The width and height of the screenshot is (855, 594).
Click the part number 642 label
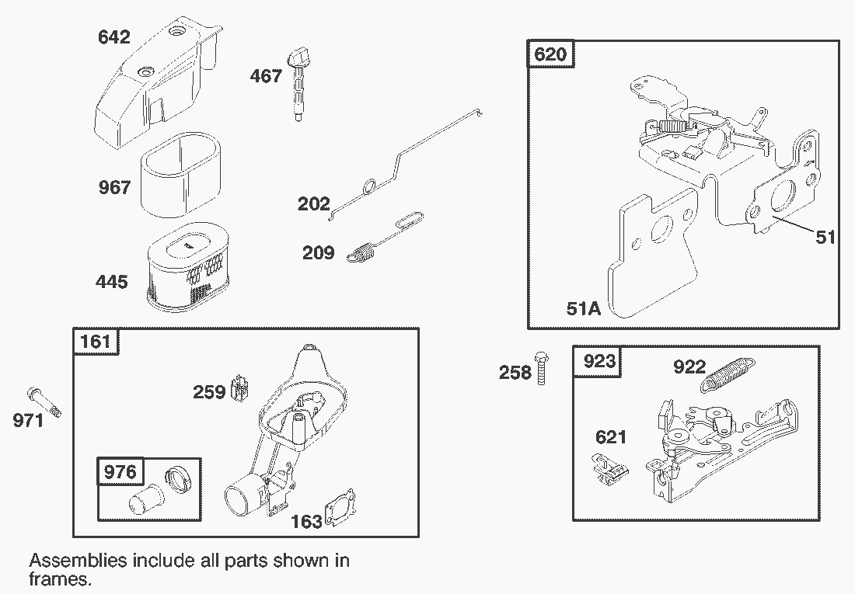[114, 37]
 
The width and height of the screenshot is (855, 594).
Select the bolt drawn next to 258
[542, 368]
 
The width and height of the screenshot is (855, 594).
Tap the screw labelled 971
[44, 402]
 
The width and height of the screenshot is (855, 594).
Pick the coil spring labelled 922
[728, 373]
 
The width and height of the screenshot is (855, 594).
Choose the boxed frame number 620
[550, 54]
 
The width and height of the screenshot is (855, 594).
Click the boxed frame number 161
[96, 342]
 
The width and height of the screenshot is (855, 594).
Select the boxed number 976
[120, 471]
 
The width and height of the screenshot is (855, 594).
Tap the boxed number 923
[598, 361]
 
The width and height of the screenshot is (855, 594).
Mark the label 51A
[584, 309]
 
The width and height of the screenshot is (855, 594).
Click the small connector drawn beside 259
[240, 388]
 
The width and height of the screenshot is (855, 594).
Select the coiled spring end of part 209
[361, 253]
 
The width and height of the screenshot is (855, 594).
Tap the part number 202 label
[313, 204]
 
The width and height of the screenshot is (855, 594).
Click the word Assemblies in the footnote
[78, 561]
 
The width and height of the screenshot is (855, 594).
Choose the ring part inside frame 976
[177, 479]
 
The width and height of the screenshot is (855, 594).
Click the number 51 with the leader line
[825, 238]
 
